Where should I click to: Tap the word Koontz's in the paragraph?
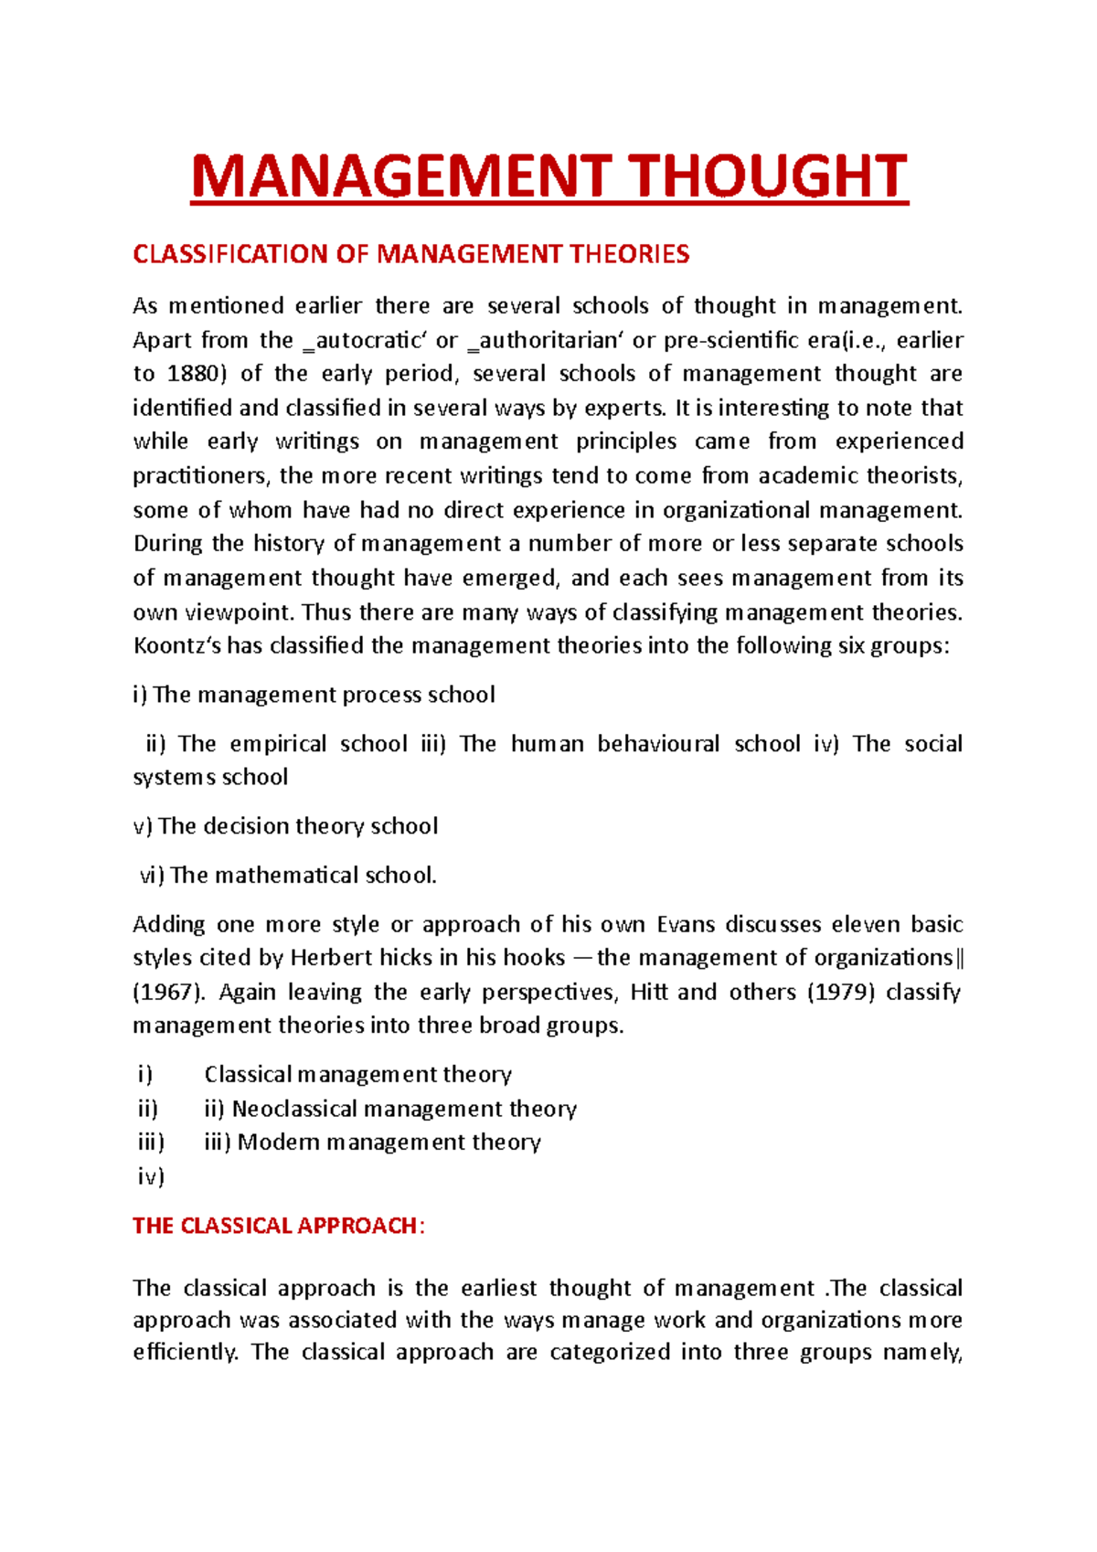tap(176, 646)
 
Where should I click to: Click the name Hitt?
tap(649, 992)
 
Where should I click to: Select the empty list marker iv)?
tap(151, 1176)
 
